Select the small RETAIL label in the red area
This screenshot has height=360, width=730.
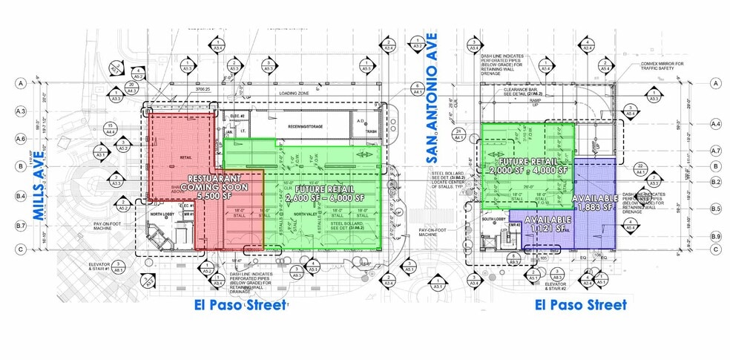(x=186, y=157)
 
